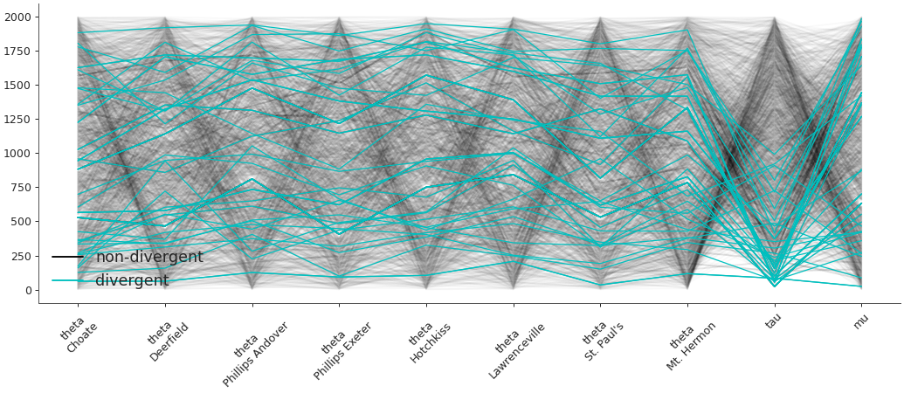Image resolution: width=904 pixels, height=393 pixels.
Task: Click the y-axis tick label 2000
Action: click(17, 17)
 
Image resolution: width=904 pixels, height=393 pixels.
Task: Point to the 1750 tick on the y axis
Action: click(17, 52)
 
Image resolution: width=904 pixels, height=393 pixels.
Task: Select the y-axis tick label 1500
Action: click(17, 86)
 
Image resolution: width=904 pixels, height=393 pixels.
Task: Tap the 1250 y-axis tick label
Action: click(17, 120)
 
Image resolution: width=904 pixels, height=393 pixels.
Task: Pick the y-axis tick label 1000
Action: click(17, 154)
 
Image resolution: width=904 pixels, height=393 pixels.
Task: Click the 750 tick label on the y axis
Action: click(21, 188)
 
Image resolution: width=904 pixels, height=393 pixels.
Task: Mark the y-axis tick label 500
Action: click(21, 222)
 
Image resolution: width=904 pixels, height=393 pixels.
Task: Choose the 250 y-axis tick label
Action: click(21, 256)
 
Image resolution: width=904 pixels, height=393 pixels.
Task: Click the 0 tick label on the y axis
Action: click(28, 290)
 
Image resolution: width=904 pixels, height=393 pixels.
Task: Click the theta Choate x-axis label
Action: click(79, 337)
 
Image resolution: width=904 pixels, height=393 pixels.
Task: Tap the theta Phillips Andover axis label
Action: click(253, 351)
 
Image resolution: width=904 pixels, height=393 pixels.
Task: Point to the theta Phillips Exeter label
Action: click(342, 348)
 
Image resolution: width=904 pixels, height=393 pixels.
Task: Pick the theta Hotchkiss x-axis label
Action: click(429, 341)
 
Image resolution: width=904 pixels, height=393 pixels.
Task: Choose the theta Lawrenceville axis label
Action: click(514, 348)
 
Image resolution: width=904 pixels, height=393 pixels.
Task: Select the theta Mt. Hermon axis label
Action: click(689, 344)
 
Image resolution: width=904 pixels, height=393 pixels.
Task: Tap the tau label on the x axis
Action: click(774, 322)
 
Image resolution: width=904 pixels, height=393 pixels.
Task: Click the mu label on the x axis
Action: click(860, 321)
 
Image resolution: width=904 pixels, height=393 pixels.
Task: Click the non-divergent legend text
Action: click(149, 258)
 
